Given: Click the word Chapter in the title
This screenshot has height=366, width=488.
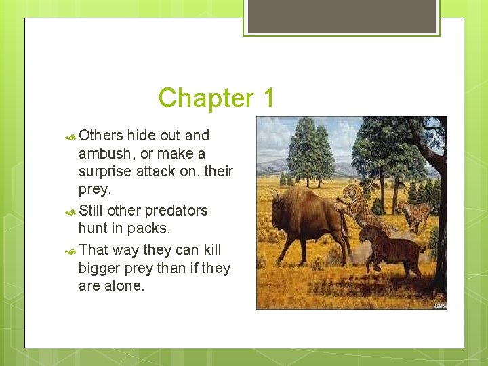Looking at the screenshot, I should pyautogui.click(x=201, y=98).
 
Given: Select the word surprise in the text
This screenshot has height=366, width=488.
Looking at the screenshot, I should pyautogui.click(x=107, y=171).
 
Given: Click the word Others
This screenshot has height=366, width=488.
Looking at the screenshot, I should pyautogui.click(x=101, y=136).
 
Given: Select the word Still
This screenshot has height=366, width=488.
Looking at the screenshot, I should pyautogui.click(x=91, y=211).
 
